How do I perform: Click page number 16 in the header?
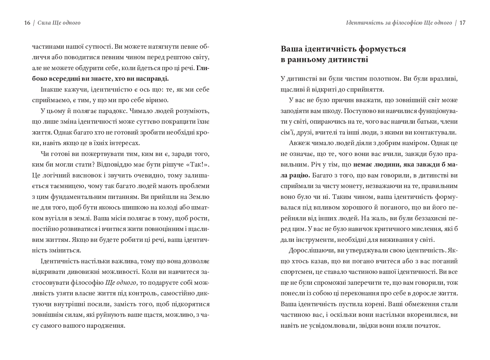27,23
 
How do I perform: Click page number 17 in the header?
463,23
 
